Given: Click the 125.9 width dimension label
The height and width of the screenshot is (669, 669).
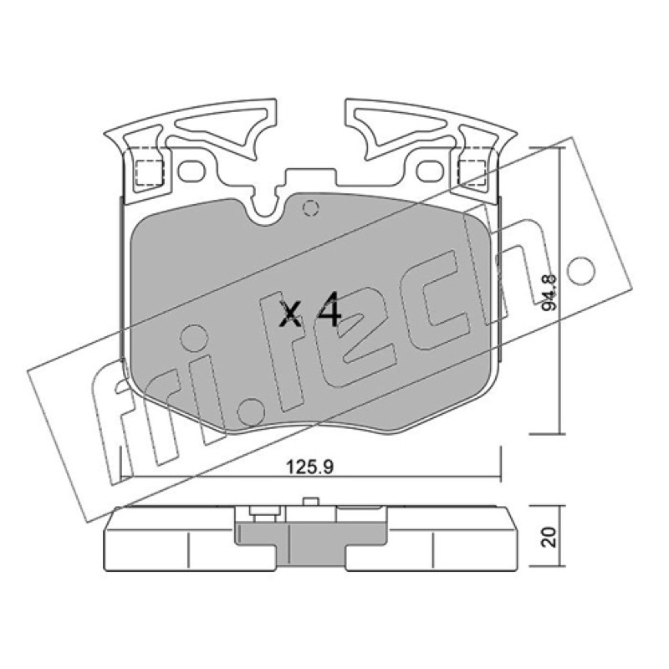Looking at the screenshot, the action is coord(309,467).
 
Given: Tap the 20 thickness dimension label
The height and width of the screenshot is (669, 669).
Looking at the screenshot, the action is coord(549,537).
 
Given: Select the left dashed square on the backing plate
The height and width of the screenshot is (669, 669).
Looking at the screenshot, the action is coord(150,173).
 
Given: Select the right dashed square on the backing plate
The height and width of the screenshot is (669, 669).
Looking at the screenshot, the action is coord(472,173).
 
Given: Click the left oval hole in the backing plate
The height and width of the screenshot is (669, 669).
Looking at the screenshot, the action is coord(192,171).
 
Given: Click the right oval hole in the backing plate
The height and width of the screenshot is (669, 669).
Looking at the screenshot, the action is coord(431,171).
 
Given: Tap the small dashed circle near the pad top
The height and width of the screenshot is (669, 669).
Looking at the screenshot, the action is coord(310,208).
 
